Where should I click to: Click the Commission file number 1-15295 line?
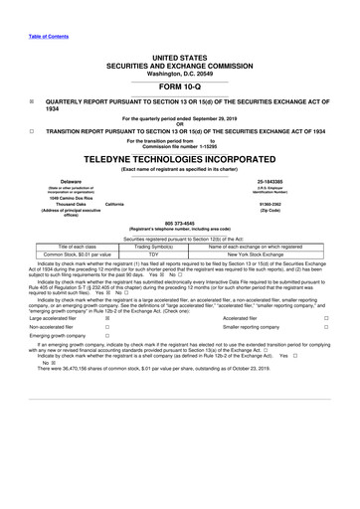(180, 147)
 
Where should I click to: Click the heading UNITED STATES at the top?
(180, 56)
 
